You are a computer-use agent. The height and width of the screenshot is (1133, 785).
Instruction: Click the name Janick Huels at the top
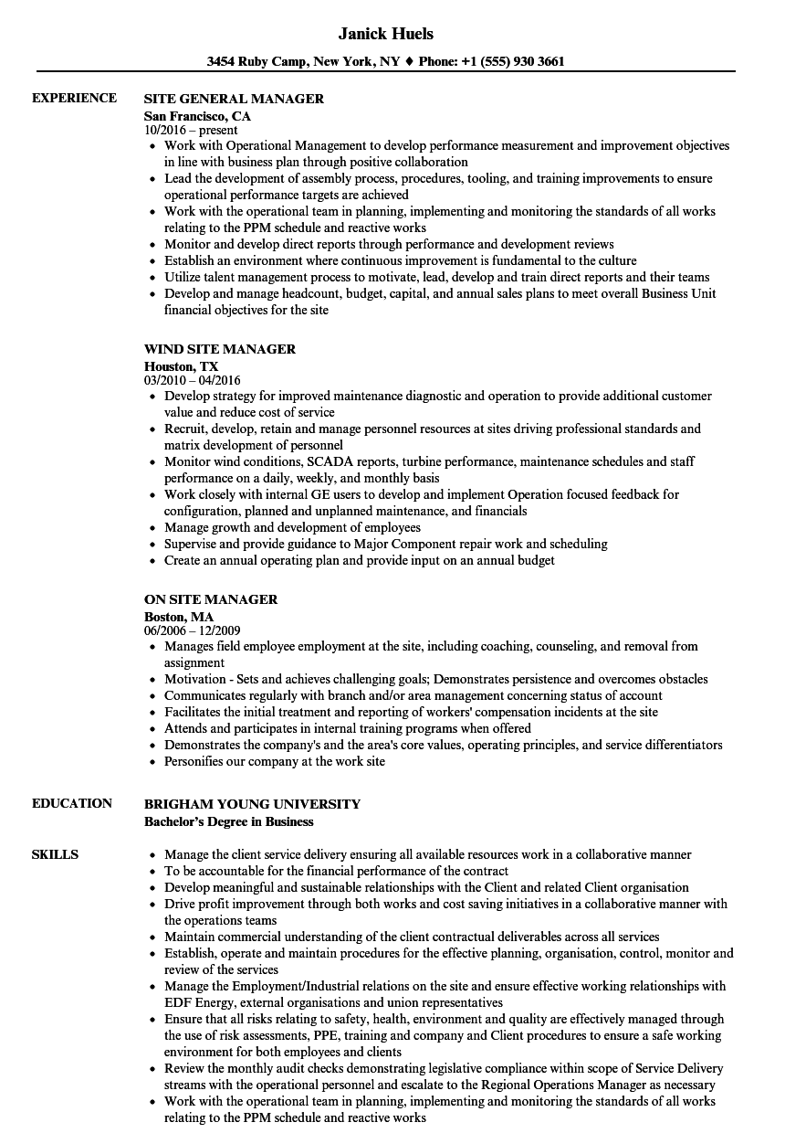[385, 34]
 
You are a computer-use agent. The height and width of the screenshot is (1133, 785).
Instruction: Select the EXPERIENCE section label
[74, 99]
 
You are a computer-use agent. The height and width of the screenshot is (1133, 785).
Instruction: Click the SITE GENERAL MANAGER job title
[234, 99]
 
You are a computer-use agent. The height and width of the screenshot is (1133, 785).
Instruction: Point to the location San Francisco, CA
[197, 116]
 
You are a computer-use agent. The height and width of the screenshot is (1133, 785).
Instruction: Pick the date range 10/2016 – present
[191, 131]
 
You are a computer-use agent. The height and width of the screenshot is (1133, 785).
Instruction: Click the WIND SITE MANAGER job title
[220, 349]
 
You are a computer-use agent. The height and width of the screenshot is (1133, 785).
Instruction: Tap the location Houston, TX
[182, 366]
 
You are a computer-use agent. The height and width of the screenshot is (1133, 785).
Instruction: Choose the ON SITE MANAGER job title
[211, 599]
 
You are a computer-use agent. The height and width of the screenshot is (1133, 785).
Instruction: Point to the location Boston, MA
[179, 617]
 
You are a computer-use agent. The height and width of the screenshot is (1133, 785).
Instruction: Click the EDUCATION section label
[72, 804]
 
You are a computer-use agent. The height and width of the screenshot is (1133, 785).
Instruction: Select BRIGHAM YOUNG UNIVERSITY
[252, 804]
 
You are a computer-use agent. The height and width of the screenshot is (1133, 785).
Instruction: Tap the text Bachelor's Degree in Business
[228, 821]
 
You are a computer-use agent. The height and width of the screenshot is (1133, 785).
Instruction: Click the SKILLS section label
[55, 855]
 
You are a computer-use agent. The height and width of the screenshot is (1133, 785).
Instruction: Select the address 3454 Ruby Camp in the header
[256, 62]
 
